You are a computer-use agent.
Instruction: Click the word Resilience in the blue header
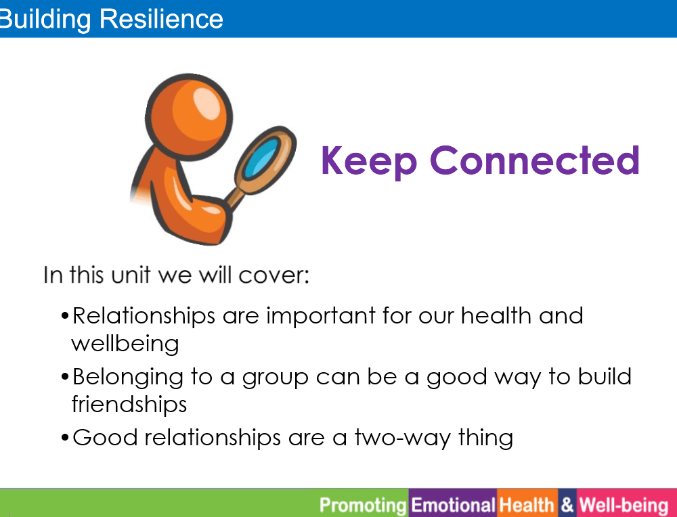click(162, 19)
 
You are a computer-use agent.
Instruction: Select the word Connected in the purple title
click(535, 160)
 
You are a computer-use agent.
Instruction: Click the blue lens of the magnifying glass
click(261, 158)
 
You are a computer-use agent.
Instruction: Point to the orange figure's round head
click(189, 117)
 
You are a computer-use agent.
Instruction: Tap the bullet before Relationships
click(65, 316)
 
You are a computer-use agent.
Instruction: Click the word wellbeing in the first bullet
click(125, 344)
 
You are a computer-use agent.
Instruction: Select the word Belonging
click(128, 378)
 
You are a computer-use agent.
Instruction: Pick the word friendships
click(129, 405)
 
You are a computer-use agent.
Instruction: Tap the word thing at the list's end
click(485, 438)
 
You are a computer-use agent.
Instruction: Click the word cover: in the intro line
click(274, 275)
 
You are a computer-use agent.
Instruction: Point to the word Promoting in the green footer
click(363, 505)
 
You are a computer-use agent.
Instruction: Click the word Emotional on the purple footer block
click(453, 505)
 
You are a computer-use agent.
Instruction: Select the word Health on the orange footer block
click(527, 505)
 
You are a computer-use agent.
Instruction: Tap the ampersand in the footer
click(567, 505)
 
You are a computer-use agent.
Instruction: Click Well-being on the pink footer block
click(624, 505)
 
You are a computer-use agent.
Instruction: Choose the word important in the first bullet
click(321, 316)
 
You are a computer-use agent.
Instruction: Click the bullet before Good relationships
click(65, 438)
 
